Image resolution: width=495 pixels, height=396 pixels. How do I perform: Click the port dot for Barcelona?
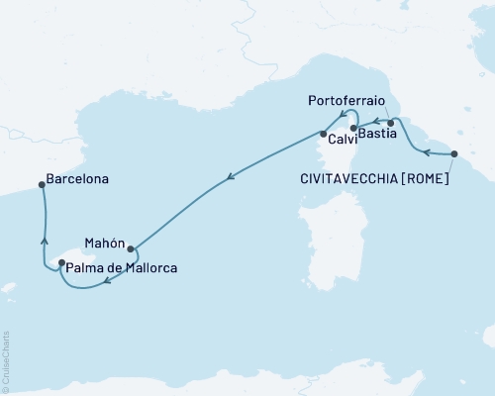[42, 183]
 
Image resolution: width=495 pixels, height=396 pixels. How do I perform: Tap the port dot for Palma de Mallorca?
[61, 263]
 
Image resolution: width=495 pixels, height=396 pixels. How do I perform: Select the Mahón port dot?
[131, 249]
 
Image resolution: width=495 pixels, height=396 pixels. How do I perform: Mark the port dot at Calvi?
[323, 134]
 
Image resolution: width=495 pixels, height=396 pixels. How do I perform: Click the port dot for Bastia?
[390, 124]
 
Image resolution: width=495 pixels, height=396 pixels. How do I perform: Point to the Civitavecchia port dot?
[454, 153]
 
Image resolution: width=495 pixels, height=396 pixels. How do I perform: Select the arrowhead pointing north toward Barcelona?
[44, 239]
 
